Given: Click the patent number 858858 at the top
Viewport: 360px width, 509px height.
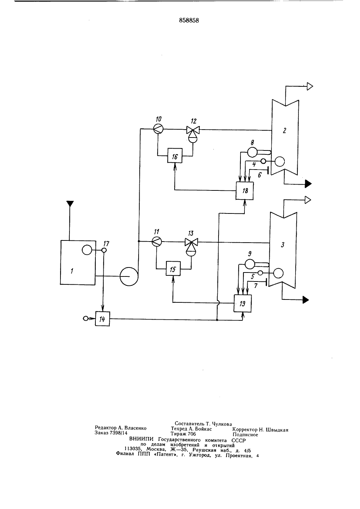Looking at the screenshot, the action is click(189, 21).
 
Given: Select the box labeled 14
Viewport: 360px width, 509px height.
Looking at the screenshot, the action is click(102, 319).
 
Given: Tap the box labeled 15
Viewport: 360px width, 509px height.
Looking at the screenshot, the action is click(173, 269).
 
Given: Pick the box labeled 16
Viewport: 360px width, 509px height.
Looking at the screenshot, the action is click(175, 156).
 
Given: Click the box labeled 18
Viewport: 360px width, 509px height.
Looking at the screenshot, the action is click(244, 191).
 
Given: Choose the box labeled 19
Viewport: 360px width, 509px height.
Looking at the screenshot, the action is click(243, 303).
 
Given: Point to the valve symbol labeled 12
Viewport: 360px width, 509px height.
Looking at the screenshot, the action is click(193, 134).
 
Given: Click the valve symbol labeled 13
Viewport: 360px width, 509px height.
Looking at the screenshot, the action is click(191, 246).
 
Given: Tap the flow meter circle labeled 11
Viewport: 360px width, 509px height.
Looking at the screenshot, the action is click(157, 241).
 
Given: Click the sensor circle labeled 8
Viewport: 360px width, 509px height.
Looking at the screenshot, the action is click(252, 152).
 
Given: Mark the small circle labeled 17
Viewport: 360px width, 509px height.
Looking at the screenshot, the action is click(104, 250).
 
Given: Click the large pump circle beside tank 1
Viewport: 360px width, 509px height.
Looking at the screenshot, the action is click(129, 276).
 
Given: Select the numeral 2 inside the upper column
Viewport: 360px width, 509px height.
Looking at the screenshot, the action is click(284, 130).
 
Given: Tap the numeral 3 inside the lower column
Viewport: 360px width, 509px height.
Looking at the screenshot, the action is click(283, 245).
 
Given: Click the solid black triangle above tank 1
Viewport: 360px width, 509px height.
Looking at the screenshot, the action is click(70, 204).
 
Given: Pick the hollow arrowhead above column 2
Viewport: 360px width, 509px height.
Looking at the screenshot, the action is click(310, 86).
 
